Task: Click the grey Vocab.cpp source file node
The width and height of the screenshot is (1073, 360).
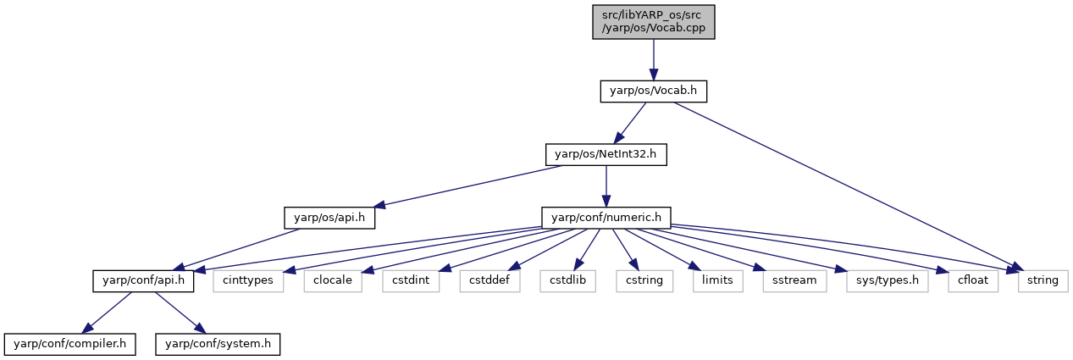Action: [x=654, y=22]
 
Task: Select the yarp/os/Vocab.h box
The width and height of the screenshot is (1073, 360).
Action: [x=654, y=91]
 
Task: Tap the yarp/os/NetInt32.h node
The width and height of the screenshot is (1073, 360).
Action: [x=606, y=155]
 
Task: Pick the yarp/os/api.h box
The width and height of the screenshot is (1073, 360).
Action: [x=329, y=218]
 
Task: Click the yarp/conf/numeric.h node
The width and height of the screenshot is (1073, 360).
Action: [x=606, y=218]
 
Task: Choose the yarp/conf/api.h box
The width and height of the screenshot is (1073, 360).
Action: [x=143, y=281]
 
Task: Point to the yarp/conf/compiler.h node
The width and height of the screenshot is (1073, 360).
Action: [x=70, y=345]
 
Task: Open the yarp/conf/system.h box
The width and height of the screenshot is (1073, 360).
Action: [x=218, y=345]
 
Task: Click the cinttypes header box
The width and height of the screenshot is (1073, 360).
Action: [x=248, y=281]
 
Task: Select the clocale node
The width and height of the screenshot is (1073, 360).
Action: [x=333, y=281]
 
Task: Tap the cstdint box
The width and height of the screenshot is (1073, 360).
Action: [x=411, y=281]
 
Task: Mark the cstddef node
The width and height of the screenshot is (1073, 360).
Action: [x=489, y=281]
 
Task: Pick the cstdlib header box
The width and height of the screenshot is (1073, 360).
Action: [x=567, y=281]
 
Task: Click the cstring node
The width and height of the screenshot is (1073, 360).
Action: [x=644, y=281]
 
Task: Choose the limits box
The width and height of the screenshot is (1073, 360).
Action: [x=717, y=281]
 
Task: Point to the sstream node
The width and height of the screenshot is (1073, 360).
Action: [x=794, y=281]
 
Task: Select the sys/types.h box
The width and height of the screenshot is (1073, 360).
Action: [x=888, y=281]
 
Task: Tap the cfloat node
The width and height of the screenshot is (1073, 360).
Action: [x=973, y=281]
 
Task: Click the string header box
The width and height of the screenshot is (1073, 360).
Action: [x=1043, y=281]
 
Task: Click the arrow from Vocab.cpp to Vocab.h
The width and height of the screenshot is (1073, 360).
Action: [x=654, y=60]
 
